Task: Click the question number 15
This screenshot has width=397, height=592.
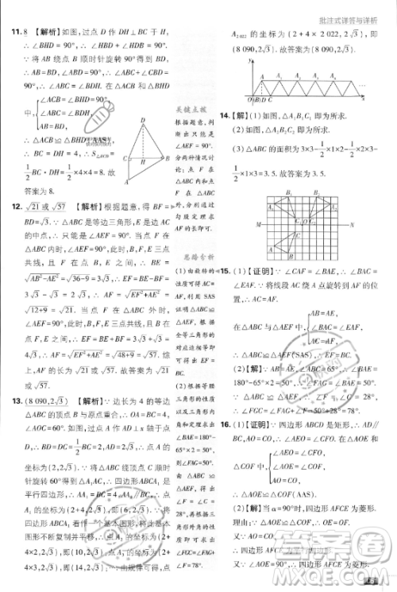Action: tap(225, 273)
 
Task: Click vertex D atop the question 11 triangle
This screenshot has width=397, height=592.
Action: tap(142, 122)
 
